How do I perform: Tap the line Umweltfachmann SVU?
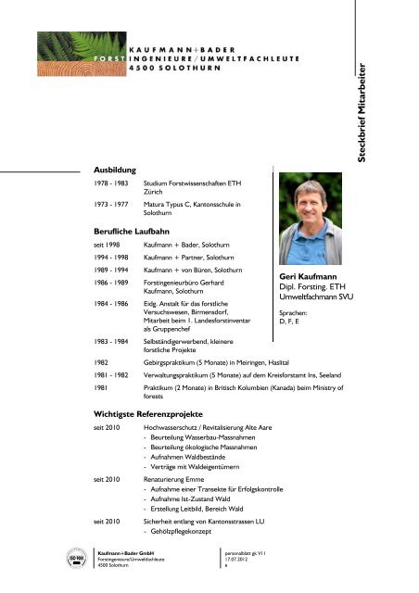coord(313,298)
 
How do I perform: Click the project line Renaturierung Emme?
coord(178,478)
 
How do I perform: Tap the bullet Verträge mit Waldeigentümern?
coord(196,466)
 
